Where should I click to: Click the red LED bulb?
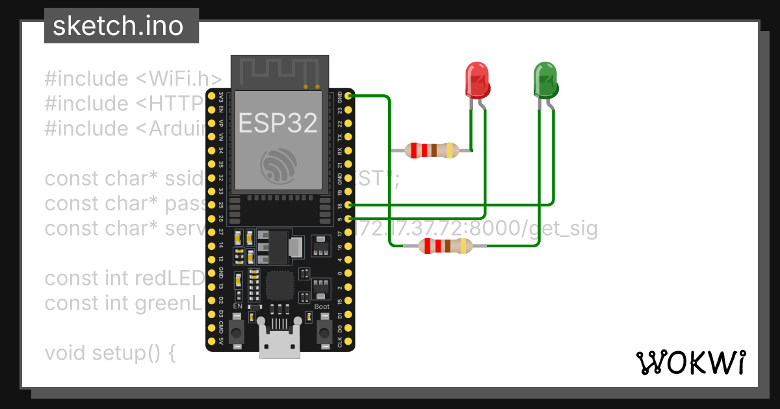(478, 80)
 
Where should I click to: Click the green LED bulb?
(545, 80)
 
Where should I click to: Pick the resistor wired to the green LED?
(445, 246)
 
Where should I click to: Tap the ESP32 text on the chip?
(278, 122)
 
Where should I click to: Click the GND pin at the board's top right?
(349, 97)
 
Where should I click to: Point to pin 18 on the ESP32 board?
(349, 204)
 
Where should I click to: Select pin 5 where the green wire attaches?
(349, 219)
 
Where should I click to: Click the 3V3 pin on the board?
(211, 97)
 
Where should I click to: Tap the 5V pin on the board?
(211, 341)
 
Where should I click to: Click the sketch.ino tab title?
(117, 27)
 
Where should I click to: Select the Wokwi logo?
(690, 362)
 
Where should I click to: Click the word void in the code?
(66, 354)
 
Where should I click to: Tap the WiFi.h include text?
(179, 79)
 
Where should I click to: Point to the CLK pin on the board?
(349, 341)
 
